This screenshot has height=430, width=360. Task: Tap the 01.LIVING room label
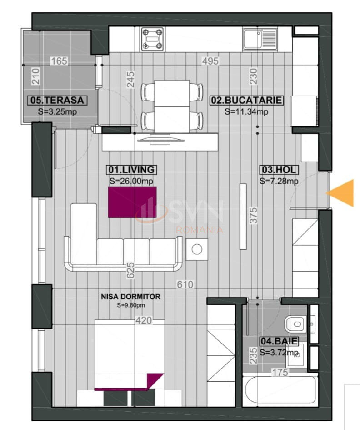click(131, 170)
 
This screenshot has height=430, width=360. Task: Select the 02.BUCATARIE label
click(246, 100)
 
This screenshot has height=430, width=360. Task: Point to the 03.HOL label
click(279, 170)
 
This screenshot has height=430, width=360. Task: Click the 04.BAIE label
click(279, 341)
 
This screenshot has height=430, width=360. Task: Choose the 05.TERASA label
click(57, 100)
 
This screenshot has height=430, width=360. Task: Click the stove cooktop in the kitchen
click(152, 39)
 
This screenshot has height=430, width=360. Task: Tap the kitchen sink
click(260, 39)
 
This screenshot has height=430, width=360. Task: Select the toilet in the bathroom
click(295, 324)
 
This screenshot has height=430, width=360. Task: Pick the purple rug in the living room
click(132, 202)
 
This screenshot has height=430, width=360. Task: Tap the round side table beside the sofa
click(197, 249)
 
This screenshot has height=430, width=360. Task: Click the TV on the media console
click(161, 139)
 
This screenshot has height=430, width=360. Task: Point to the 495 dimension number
click(210, 61)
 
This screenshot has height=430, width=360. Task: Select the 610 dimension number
click(185, 284)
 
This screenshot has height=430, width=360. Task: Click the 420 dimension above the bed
click(144, 320)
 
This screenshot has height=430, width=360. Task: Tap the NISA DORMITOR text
click(131, 296)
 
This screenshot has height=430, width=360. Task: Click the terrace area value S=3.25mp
click(57, 111)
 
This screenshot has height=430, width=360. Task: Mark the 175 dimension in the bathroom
click(280, 372)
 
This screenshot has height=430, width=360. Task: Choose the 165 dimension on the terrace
click(59, 61)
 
